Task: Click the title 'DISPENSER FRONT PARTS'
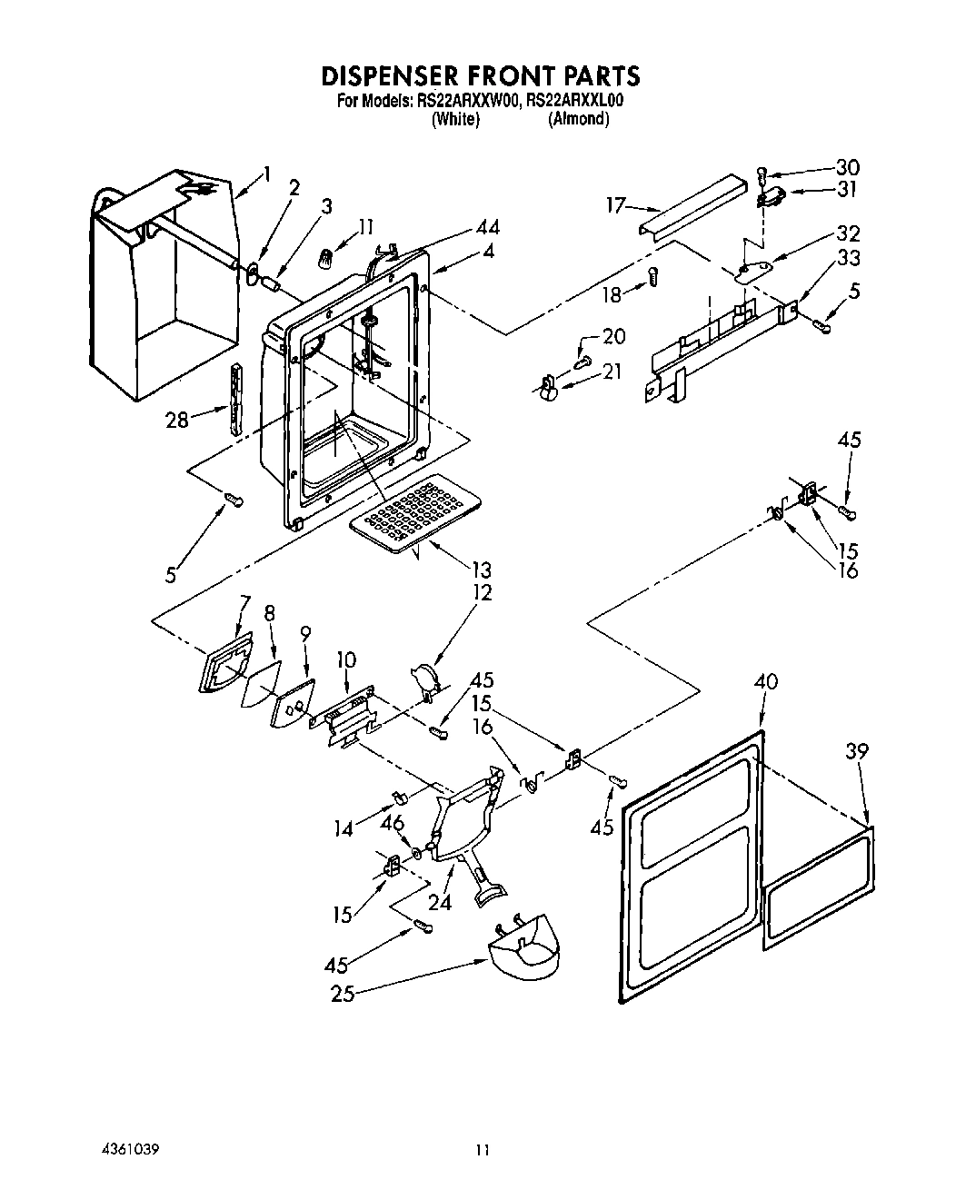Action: (482, 74)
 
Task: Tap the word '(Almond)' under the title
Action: (578, 119)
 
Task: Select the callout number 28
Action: (176, 420)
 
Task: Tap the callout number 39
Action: (856, 751)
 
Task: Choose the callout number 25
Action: (342, 994)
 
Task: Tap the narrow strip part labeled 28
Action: (239, 399)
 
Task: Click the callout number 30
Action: (847, 168)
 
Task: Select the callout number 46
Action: (392, 824)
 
